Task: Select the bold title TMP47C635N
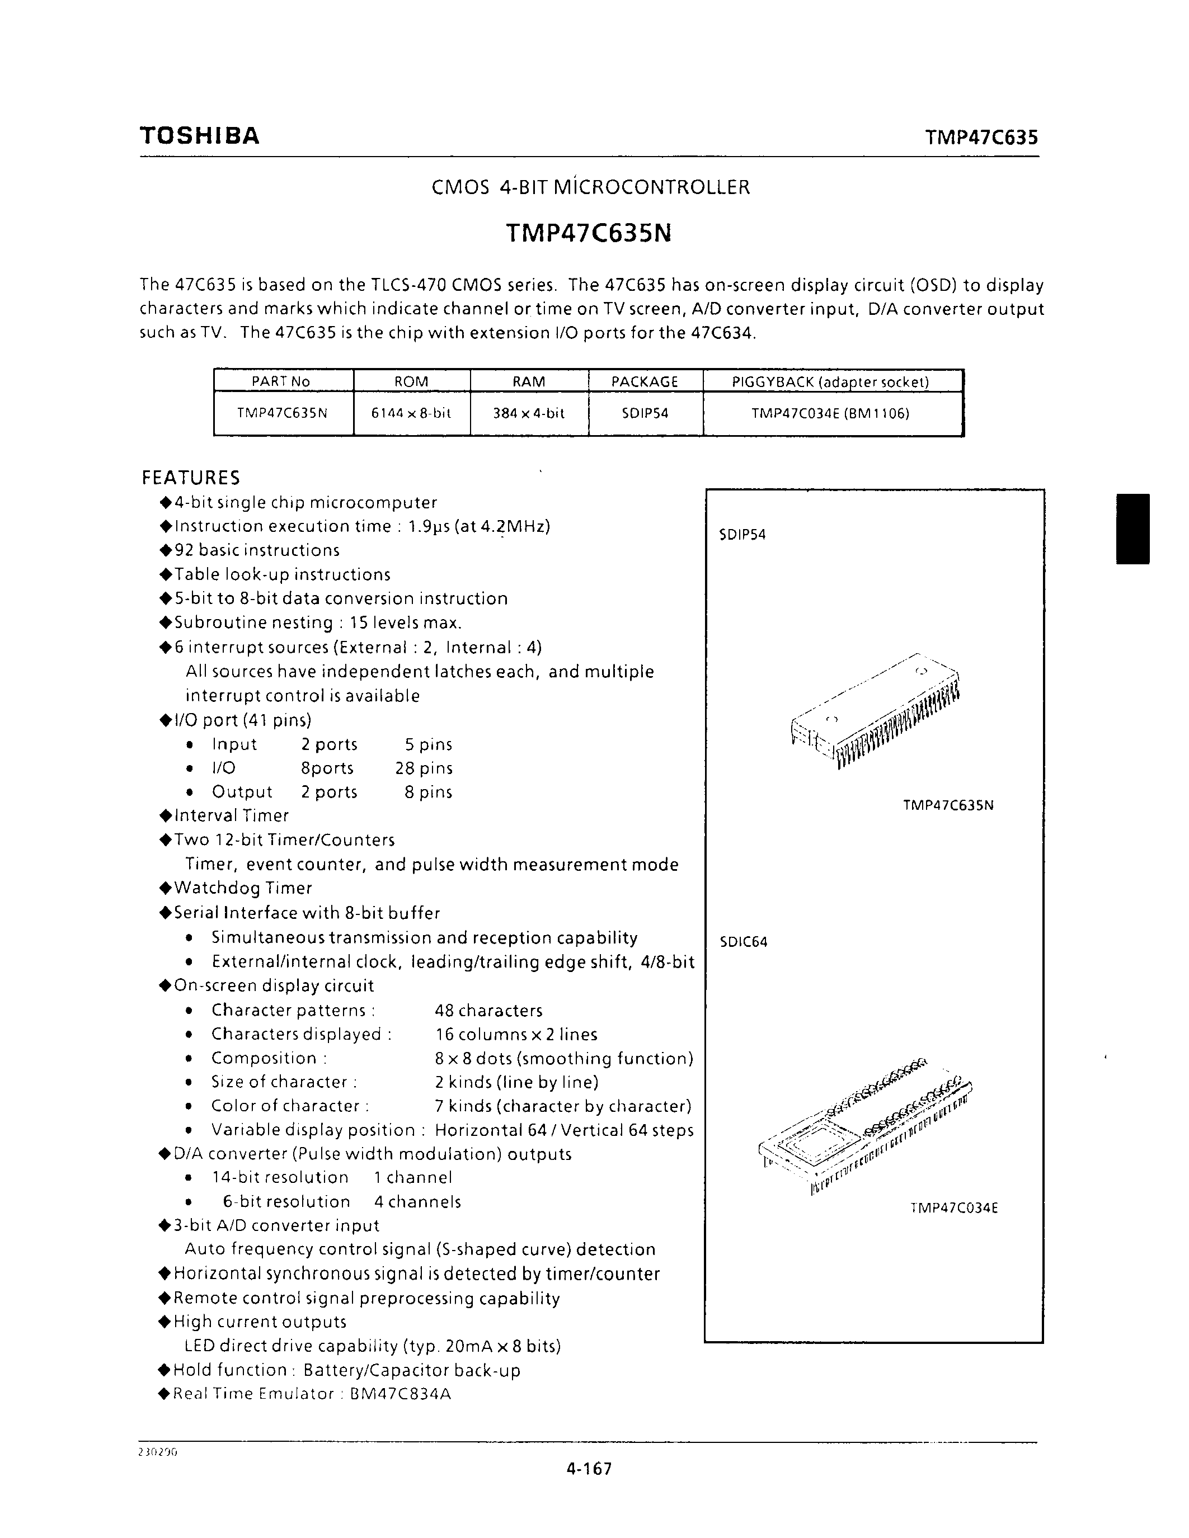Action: click(588, 233)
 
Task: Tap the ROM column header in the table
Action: click(411, 381)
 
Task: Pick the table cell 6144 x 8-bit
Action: click(411, 413)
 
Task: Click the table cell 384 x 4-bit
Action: click(528, 413)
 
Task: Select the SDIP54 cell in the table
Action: click(645, 413)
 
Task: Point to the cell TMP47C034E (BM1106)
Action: click(830, 413)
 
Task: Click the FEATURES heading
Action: click(191, 478)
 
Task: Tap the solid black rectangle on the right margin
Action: click(1132, 529)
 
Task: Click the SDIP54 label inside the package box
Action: click(742, 535)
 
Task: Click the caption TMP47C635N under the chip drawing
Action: click(948, 805)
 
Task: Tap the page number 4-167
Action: click(589, 1468)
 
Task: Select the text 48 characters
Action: click(489, 1011)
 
